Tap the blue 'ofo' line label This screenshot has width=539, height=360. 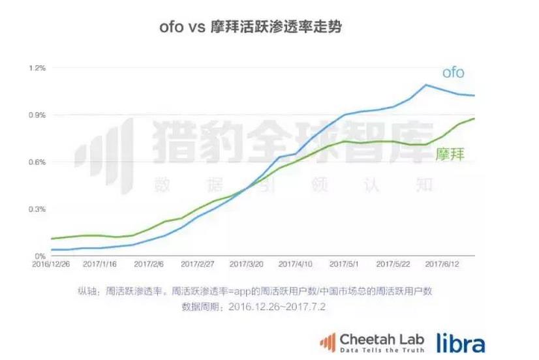[x=453, y=72]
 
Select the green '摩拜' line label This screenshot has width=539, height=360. [x=449, y=155]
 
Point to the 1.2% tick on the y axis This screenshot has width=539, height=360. [x=37, y=68]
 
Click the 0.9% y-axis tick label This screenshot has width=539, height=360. [x=37, y=115]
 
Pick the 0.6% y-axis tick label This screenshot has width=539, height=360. [x=37, y=162]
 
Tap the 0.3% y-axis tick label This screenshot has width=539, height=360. [x=37, y=209]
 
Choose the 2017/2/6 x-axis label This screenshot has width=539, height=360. [x=148, y=265]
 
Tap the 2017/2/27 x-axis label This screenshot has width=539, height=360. [x=197, y=265]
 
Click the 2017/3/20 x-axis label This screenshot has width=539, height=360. [x=246, y=265]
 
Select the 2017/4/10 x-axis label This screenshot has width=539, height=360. [x=295, y=265]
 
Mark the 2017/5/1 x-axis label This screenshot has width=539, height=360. [x=344, y=265]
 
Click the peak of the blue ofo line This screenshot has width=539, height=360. [x=426, y=85]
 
